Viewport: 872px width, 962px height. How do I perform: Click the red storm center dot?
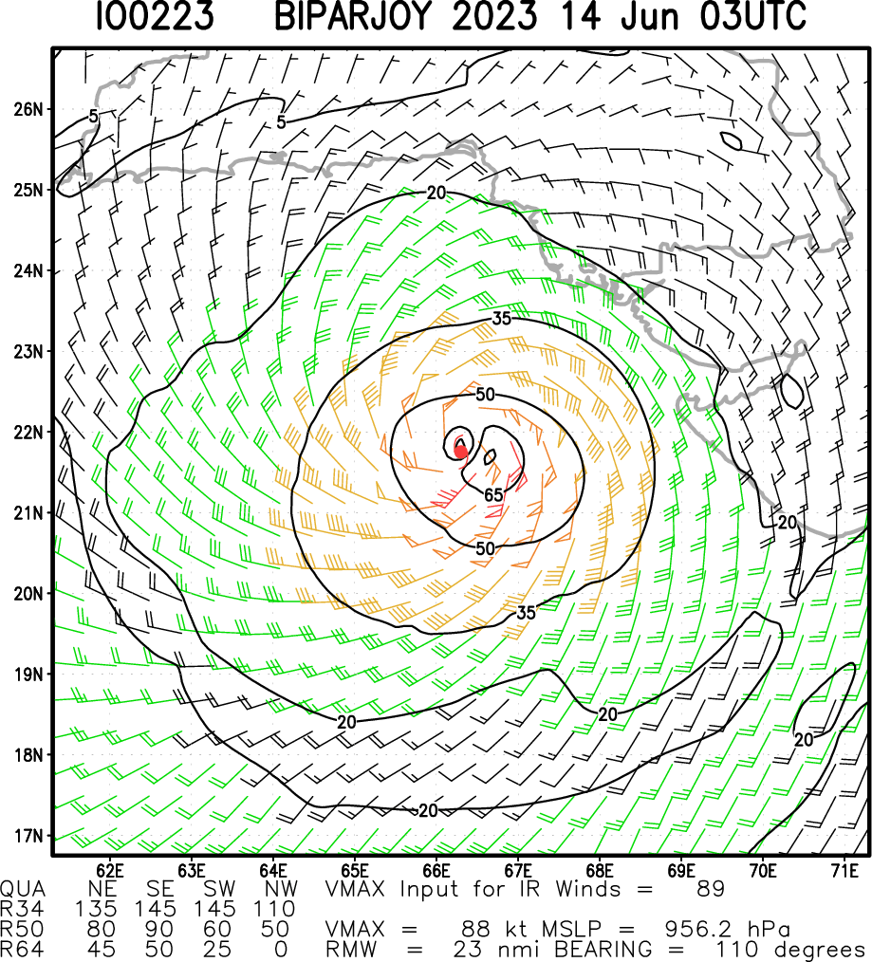460,452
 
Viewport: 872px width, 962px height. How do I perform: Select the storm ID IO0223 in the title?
154,18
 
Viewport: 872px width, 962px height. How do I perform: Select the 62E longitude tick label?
111,869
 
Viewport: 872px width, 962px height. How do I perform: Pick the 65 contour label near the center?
493,495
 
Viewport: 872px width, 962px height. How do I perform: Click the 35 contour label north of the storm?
502,319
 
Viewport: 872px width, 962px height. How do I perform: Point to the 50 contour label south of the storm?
486,548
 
